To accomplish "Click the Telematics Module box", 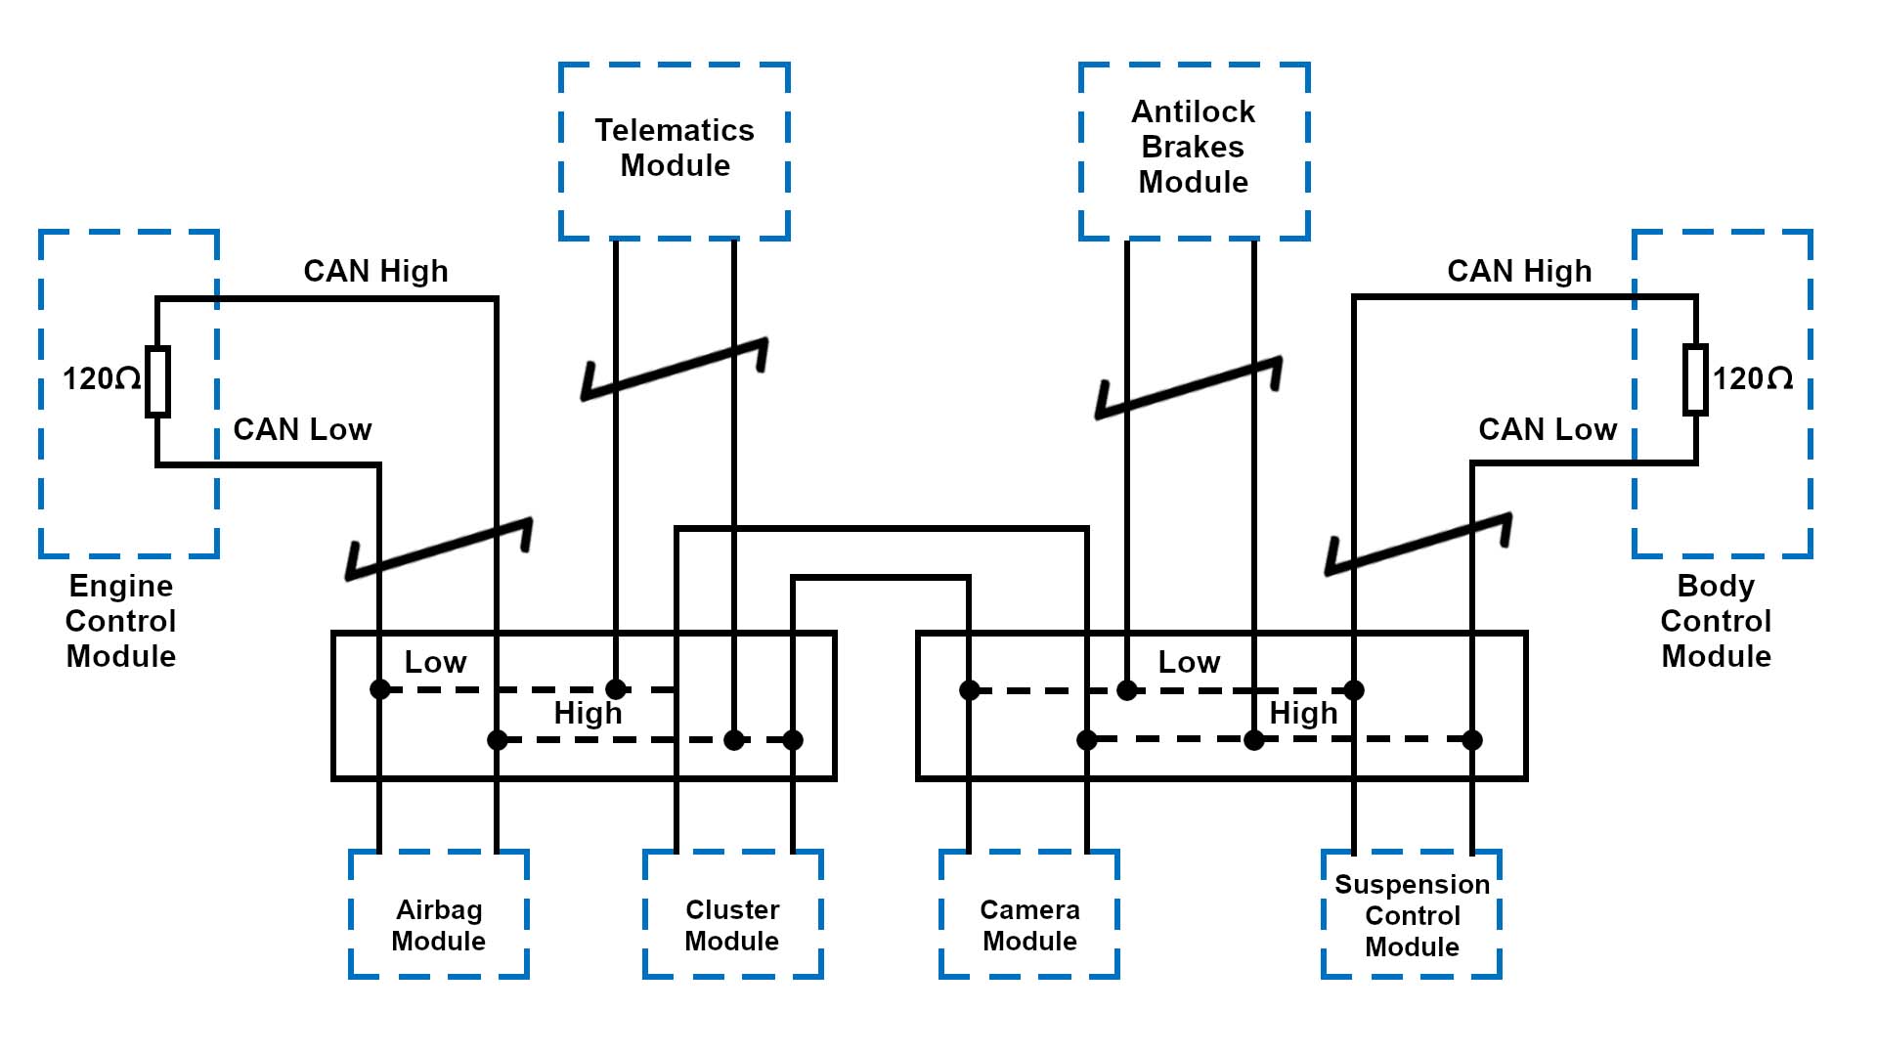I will [x=675, y=151].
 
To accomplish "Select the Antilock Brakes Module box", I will [x=1194, y=151].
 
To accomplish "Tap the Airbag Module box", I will [x=439, y=914].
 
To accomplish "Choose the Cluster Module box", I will [x=732, y=914].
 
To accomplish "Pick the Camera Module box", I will [x=1029, y=914].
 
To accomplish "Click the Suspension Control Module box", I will [x=1412, y=914].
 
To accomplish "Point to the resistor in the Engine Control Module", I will [x=157, y=381].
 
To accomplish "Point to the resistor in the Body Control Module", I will [x=1695, y=379].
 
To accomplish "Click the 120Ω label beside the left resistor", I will [x=101, y=379].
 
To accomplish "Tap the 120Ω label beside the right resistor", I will [x=1753, y=379].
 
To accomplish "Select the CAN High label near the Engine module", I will [x=375, y=272].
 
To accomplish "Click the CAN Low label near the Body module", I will [x=1548, y=430].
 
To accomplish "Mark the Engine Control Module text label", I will [x=121, y=621].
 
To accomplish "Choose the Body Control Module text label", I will [x=1716, y=621].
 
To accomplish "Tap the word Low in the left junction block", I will [x=435, y=663].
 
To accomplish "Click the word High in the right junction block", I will [x=1303, y=714].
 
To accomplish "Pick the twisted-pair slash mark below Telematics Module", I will [x=675, y=370].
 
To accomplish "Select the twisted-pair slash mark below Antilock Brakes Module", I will [x=1189, y=388].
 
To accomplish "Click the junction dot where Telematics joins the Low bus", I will [x=616, y=689].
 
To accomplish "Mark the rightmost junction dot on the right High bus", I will [x=1472, y=740].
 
